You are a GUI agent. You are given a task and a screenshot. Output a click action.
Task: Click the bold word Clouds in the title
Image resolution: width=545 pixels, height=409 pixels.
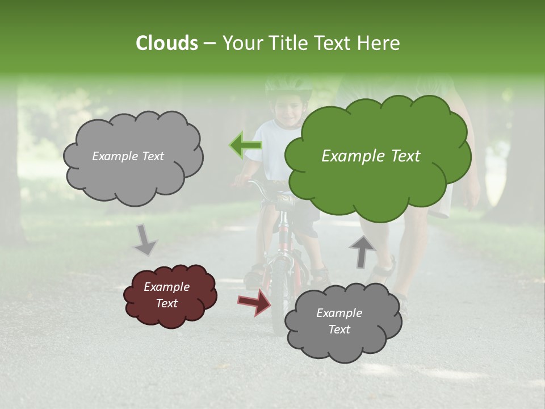pos(166,43)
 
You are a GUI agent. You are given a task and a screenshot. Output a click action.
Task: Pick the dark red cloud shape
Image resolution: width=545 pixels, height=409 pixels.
pos(170,295)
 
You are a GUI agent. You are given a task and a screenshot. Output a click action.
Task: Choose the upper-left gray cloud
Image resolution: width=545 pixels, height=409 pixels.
pos(133,156)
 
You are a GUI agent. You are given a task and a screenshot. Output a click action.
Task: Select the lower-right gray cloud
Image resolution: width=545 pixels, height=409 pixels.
pos(342,322)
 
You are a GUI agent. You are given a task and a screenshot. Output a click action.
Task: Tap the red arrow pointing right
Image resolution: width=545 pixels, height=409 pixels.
pos(255,301)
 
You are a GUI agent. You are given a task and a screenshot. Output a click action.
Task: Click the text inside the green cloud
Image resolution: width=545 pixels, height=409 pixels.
pos(371,156)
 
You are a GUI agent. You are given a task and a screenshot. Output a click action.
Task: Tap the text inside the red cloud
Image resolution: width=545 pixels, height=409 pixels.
pos(166,295)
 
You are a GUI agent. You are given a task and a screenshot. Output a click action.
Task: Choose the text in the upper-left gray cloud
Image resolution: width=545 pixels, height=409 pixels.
pos(128,156)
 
